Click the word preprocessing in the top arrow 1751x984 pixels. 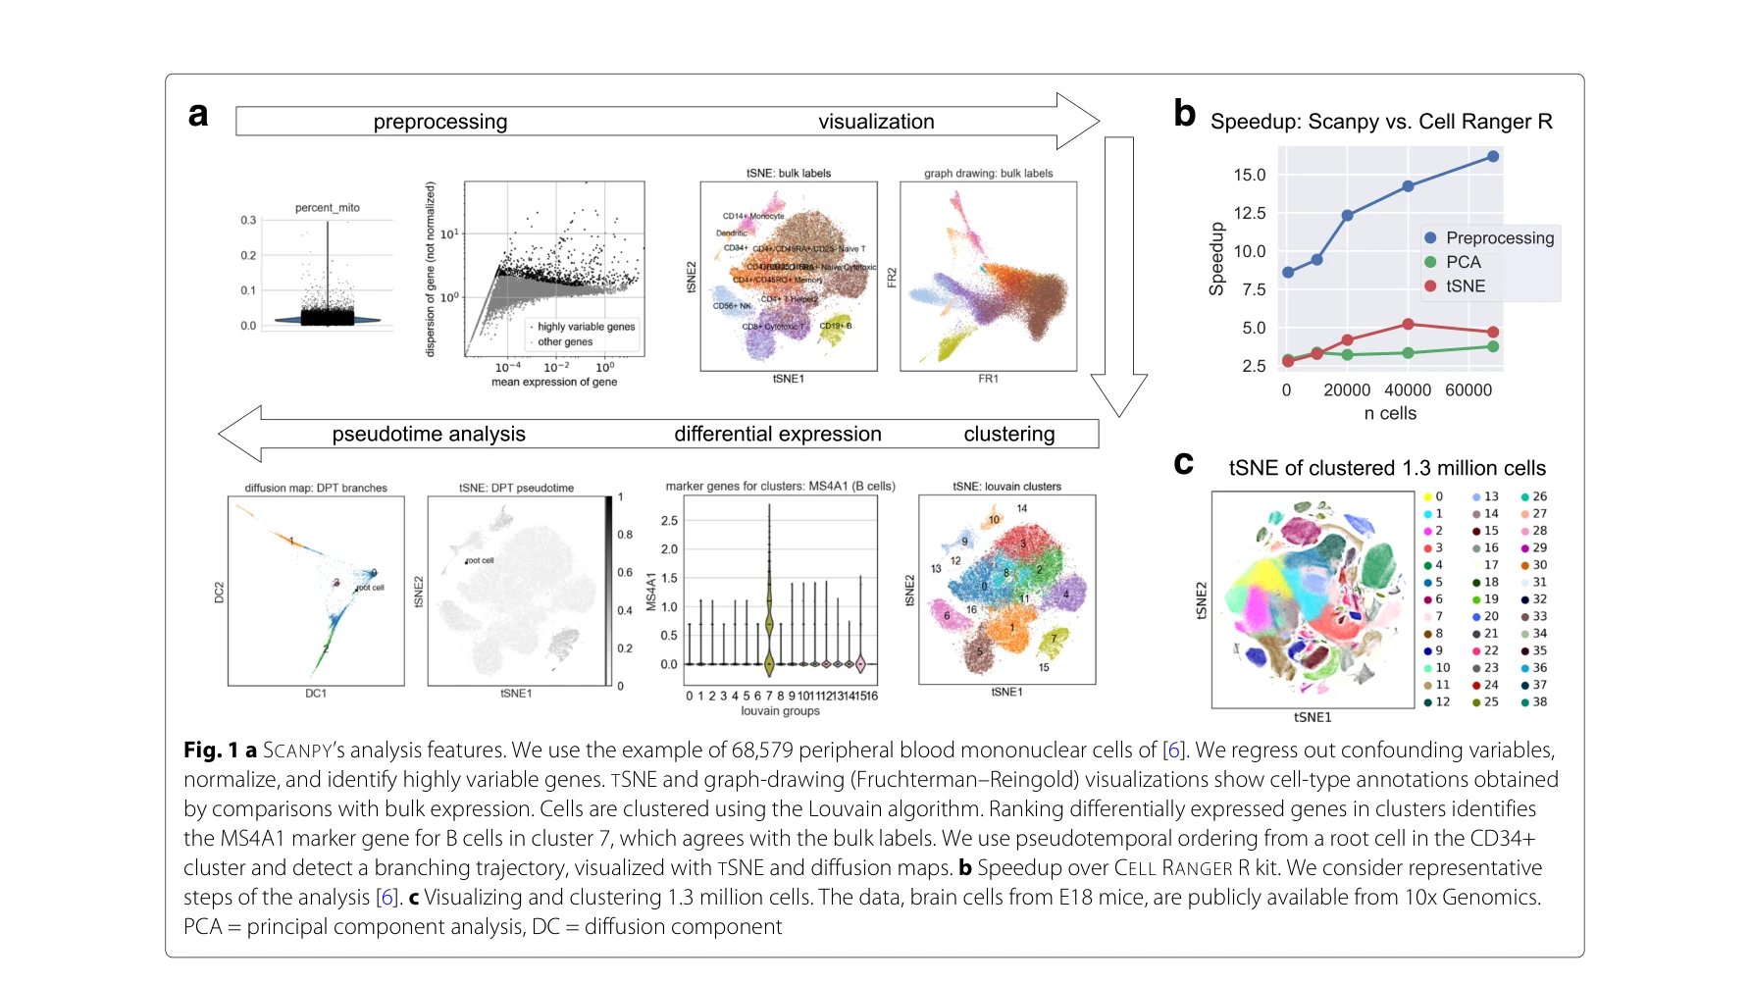point(440,122)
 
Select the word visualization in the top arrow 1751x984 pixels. point(876,122)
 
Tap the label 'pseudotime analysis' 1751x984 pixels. point(429,434)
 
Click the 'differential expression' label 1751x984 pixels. point(778,434)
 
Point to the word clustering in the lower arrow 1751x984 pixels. point(1009,434)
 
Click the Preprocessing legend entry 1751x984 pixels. point(1499,238)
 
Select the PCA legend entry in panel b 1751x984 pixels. point(1463,262)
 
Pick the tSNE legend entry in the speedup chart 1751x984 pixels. point(1465,286)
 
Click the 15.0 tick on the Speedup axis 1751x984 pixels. point(1250,175)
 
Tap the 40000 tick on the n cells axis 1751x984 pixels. point(1408,390)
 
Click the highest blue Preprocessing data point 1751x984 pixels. point(1493,157)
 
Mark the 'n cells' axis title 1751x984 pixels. point(1390,414)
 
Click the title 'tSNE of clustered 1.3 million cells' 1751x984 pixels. point(1387,468)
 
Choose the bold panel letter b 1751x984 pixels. point(1185,114)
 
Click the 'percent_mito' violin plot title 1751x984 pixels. point(328,208)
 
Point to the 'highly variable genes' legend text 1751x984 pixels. point(586,327)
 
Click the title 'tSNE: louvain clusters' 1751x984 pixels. point(1006,487)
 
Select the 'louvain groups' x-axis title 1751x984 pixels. point(780,711)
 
